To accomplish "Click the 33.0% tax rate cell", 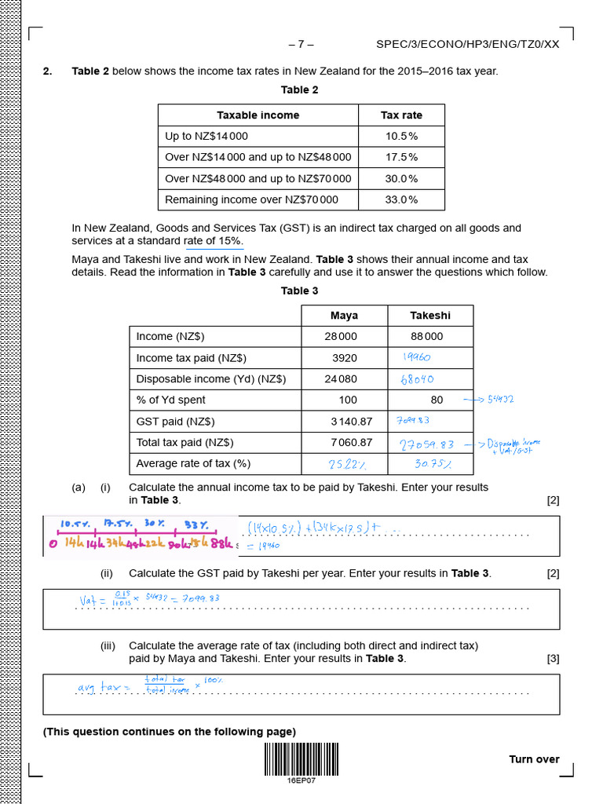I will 401,199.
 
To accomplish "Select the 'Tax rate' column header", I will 401,115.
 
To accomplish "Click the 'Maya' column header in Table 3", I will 344,316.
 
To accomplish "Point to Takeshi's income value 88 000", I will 426,336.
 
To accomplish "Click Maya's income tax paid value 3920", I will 345,358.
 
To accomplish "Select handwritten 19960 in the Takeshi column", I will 416,357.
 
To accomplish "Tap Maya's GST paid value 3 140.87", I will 351,422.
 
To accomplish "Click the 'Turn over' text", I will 534,759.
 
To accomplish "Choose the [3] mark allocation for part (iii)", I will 553,659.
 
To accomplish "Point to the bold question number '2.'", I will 48,71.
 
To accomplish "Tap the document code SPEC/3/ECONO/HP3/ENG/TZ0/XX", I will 468,44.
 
